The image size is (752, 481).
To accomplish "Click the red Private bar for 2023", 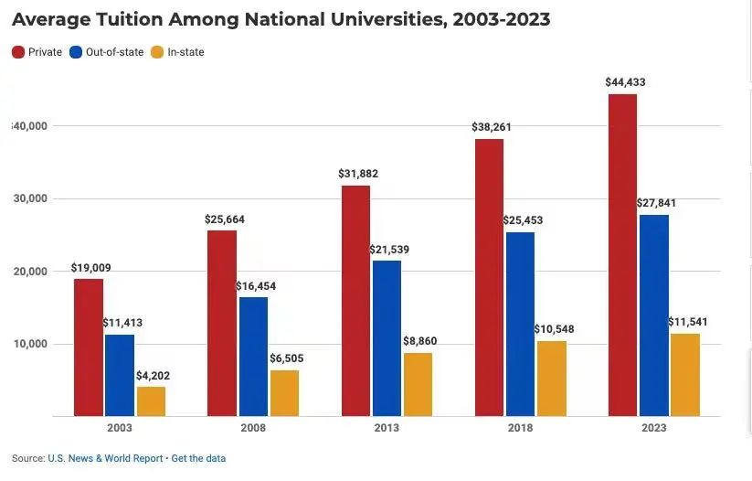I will [x=622, y=255].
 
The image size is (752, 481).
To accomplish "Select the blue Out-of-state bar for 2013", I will [x=386, y=338].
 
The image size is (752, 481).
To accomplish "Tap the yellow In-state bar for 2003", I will [x=151, y=401].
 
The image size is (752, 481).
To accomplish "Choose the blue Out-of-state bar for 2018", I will [x=519, y=324].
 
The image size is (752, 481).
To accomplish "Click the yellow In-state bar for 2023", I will [x=684, y=375].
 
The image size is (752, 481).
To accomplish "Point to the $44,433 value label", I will [x=625, y=82].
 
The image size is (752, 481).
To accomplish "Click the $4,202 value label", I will [x=153, y=376].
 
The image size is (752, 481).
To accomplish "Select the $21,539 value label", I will [x=387, y=250].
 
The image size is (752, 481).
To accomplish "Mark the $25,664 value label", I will [x=225, y=219].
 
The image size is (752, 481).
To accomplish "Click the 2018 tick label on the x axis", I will [x=520, y=428].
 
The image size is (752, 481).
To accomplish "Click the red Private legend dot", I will [x=17, y=52].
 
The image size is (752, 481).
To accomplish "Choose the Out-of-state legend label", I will [x=114, y=52].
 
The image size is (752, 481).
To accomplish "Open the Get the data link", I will [x=198, y=458].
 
